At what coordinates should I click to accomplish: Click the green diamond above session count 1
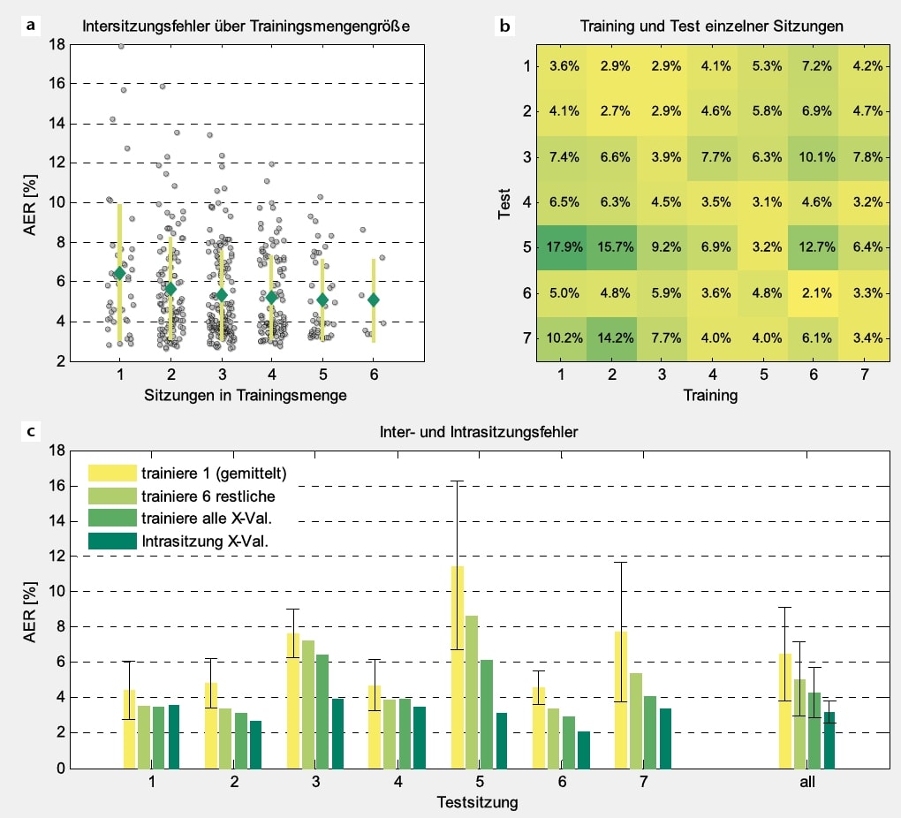120,273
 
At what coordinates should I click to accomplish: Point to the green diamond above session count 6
374,299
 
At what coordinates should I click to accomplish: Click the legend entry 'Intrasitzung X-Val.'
203,542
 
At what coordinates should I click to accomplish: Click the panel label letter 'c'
32,431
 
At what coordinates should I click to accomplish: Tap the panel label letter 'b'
504,27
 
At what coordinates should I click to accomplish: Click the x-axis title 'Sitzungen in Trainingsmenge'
246,396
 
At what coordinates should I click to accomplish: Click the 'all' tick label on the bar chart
806,782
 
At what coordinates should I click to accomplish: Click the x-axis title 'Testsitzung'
477,802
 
